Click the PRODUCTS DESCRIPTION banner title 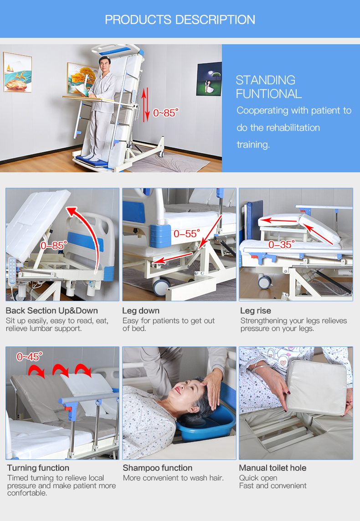point(180,20)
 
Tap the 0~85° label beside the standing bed point(166,113)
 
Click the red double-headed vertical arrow point(145,105)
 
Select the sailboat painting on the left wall point(17,72)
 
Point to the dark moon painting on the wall point(209,79)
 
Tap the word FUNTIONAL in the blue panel point(269,94)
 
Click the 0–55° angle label point(187,233)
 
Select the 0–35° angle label point(282,245)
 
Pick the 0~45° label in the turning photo point(30,356)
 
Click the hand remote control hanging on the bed point(12,271)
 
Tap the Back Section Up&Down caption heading point(52,311)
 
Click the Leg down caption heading point(141,311)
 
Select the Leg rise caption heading point(256,311)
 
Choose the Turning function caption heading point(38,468)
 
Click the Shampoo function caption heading point(157,468)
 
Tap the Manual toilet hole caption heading point(273,468)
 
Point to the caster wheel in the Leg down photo point(161,286)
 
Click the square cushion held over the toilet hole point(318,387)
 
